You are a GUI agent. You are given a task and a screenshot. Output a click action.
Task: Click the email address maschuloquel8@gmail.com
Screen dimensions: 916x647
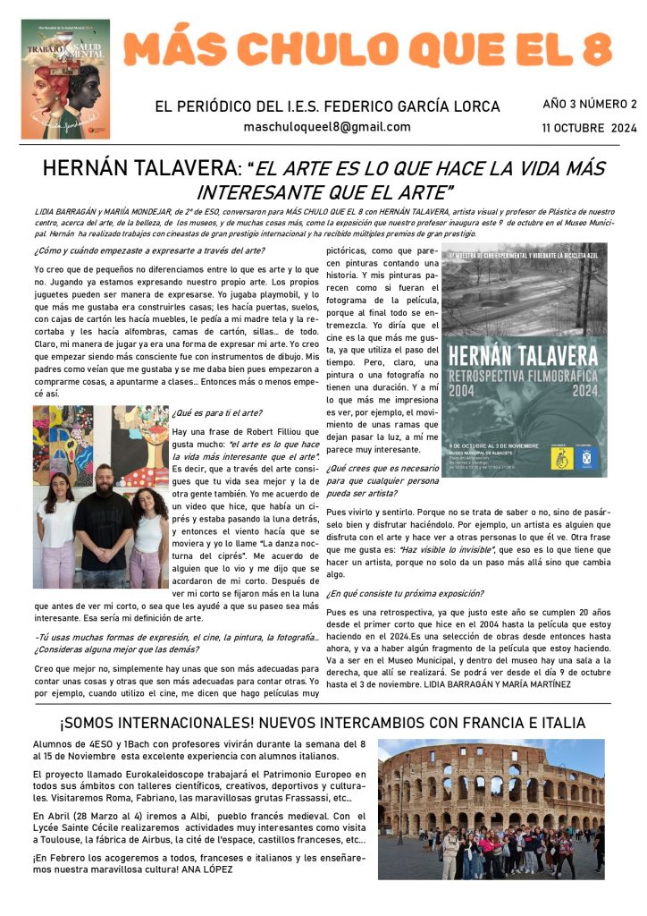point(327,127)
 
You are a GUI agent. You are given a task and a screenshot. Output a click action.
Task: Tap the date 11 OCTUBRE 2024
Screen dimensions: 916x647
point(589,128)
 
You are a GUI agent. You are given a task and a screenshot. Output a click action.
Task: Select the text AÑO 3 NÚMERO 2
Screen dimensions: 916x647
point(590,105)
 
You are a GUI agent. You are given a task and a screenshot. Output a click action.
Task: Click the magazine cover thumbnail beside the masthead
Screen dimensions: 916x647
point(65,79)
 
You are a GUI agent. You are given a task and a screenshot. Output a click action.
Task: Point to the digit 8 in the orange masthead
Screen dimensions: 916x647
point(593,47)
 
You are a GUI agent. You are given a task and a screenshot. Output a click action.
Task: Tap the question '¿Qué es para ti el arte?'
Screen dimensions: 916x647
point(216,412)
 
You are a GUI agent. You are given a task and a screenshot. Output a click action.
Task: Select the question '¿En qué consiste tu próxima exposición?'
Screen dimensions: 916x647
point(405,593)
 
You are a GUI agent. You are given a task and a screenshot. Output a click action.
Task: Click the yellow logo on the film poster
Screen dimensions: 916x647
point(556,457)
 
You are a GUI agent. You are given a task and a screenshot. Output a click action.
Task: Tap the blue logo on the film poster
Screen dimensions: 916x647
point(587,457)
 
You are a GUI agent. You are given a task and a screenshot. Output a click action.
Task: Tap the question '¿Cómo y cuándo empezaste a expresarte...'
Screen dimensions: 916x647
point(149,250)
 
